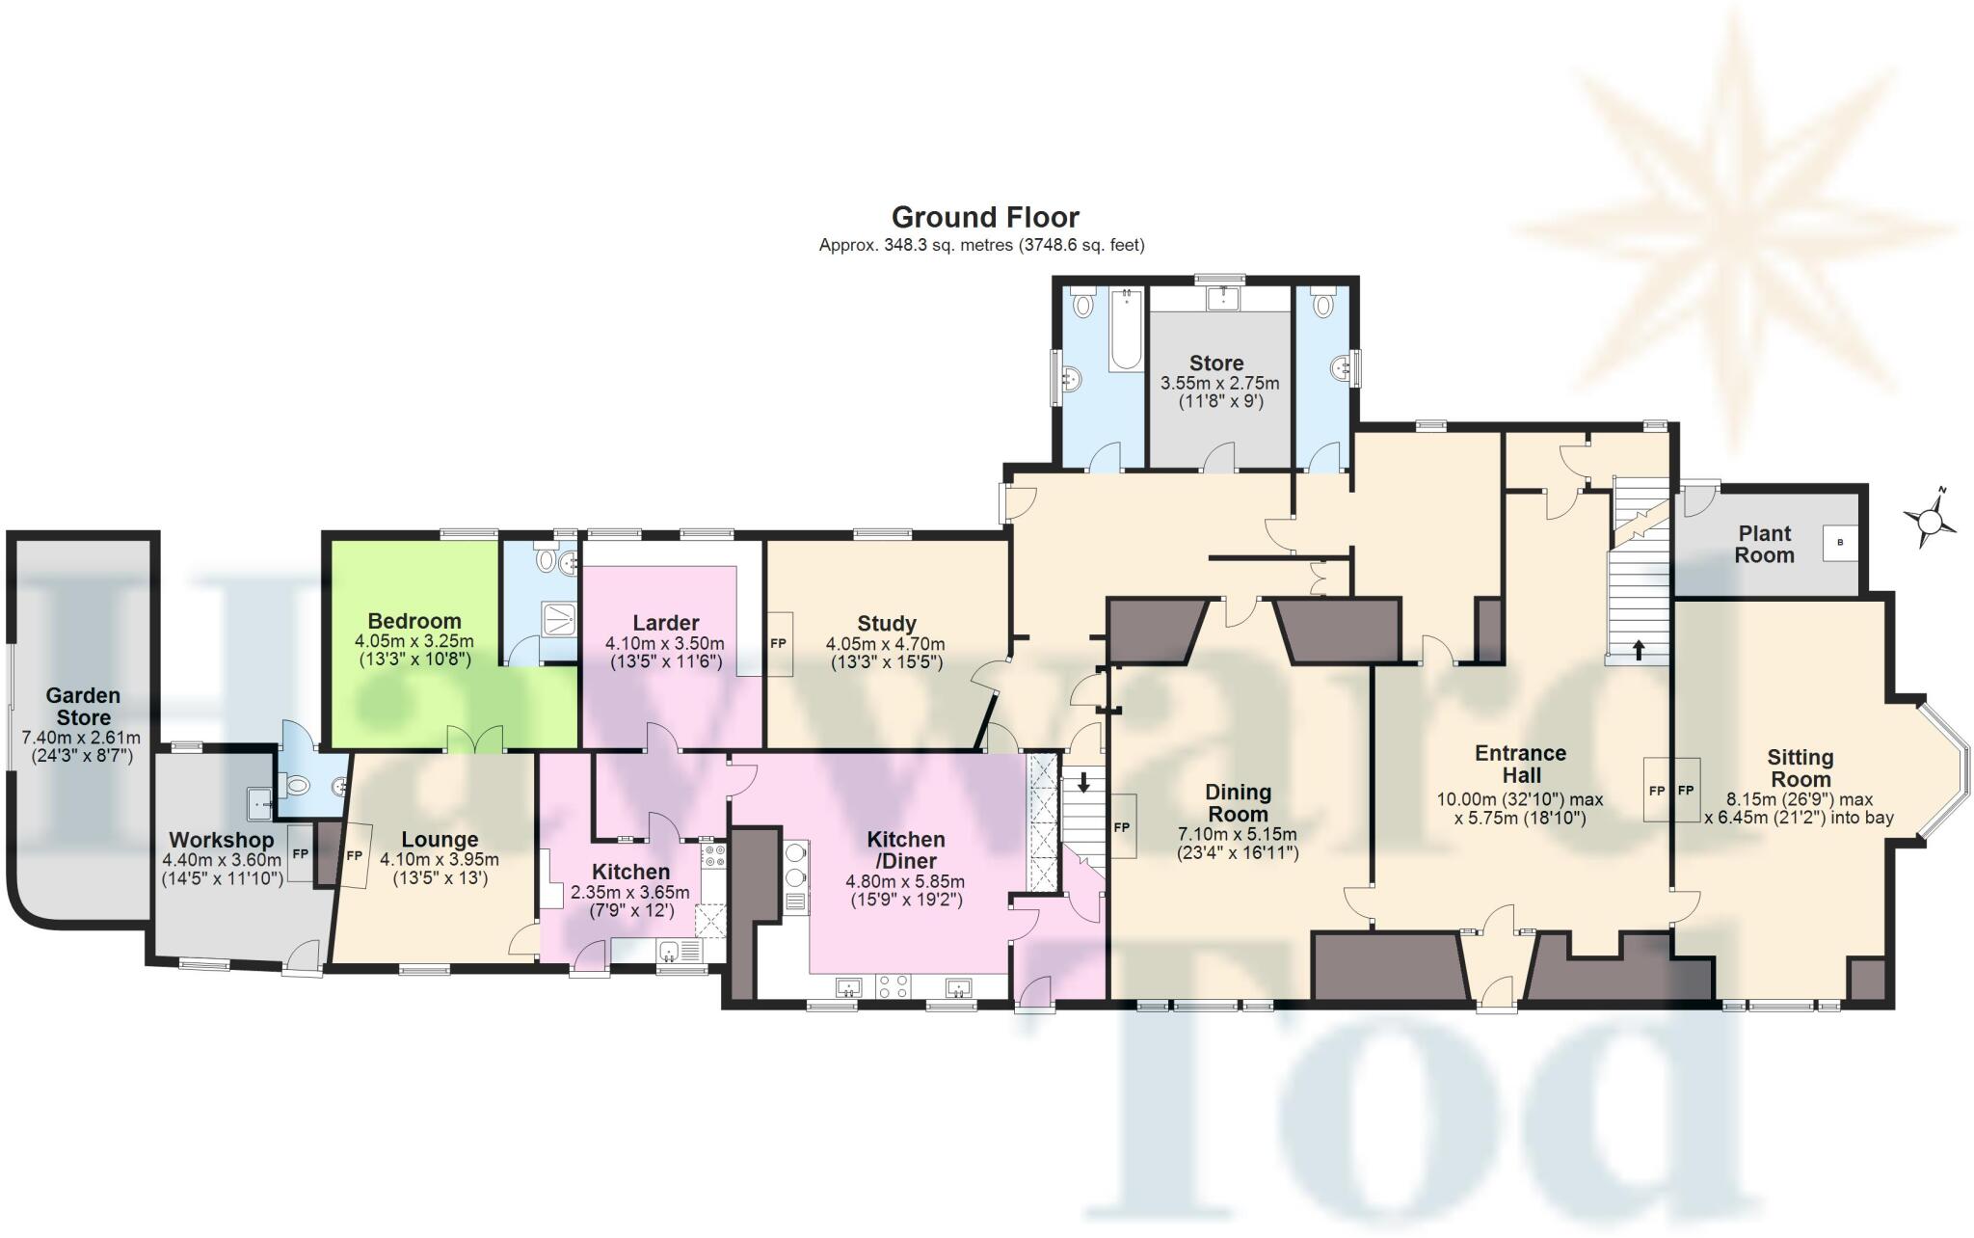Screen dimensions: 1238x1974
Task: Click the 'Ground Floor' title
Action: pyautogui.click(x=985, y=217)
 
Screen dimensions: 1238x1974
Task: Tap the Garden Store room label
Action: pyautogui.click(x=83, y=706)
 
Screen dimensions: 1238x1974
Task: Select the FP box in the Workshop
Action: pyautogui.click(x=300, y=854)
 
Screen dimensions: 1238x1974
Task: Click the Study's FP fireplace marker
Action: pyautogui.click(x=779, y=643)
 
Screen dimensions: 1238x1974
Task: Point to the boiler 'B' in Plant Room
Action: pyautogui.click(x=1840, y=543)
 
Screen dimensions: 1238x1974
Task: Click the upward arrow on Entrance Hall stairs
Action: pyautogui.click(x=1639, y=650)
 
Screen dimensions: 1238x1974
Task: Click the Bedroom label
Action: pyautogui.click(x=414, y=621)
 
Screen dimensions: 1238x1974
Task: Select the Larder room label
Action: pyautogui.click(x=665, y=623)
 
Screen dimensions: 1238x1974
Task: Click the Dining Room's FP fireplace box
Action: pyautogui.click(x=1121, y=827)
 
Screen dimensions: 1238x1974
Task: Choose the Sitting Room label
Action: pyautogui.click(x=1800, y=768)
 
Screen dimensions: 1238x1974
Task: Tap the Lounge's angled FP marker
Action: pyautogui.click(x=355, y=855)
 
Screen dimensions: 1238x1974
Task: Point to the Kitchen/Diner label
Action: pyautogui.click(x=905, y=849)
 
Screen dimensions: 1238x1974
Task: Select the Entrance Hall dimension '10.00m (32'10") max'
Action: pyautogui.click(x=1520, y=799)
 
